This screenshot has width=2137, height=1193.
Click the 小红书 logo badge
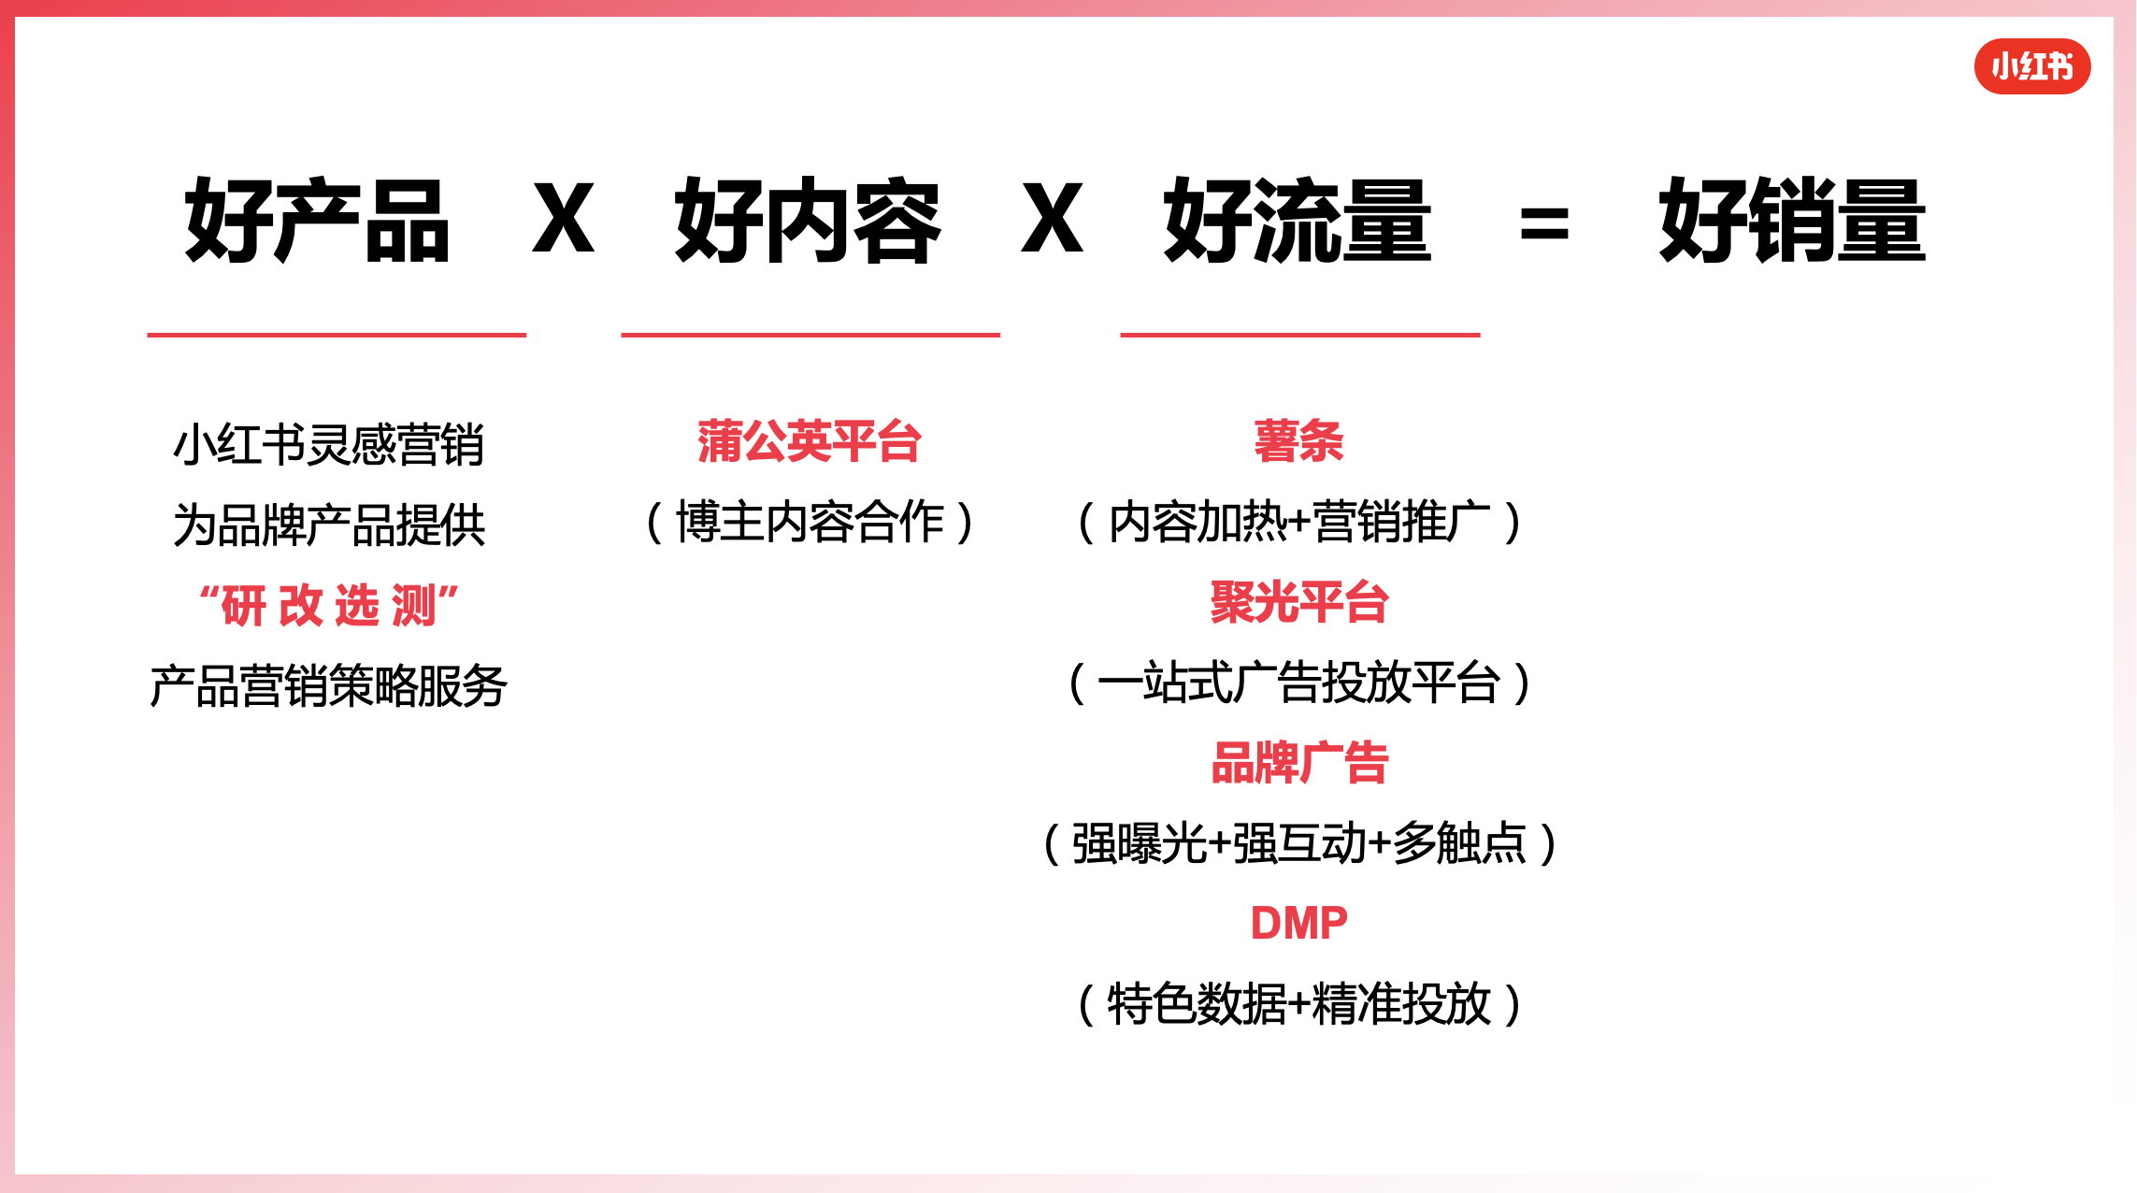pos(2031,66)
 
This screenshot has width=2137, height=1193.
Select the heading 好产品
pos(317,221)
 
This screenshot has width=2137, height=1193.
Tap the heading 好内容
pos(808,221)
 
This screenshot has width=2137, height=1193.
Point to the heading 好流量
pos(1298,221)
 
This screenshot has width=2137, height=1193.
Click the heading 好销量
pos(1792,221)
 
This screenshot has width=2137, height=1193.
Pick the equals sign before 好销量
pos(1544,224)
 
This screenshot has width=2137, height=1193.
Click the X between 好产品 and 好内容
pos(563,219)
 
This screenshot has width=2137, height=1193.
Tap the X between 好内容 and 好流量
pos(1052,219)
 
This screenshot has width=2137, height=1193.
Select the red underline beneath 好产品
pos(337,334)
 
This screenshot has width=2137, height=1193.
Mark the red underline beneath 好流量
pos(1299,334)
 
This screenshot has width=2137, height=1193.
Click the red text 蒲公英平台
pos(810,441)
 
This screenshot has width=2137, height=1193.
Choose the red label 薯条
pos(1298,441)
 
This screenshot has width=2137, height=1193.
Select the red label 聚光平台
pos(1298,602)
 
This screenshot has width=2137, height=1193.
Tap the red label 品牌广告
pos(1298,763)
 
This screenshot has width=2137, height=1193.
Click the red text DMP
pos(1298,923)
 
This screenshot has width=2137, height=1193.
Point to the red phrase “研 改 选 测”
pos(329,605)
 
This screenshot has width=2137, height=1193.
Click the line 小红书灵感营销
pos(328,444)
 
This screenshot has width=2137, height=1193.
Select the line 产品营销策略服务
pos(328,685)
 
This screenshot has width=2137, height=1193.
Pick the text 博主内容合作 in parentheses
pos(810,522)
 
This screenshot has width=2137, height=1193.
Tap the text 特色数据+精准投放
pos(1298,1004)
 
